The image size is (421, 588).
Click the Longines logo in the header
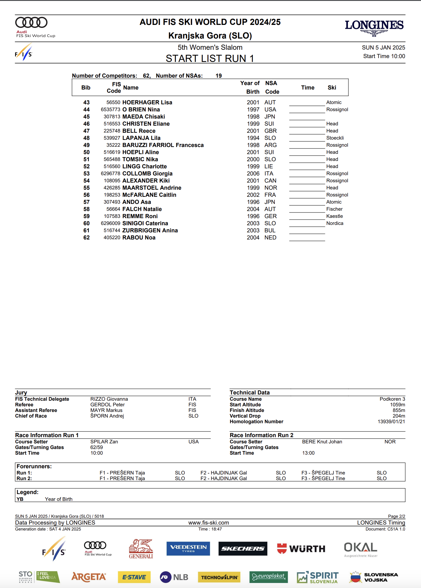pyautogui.click(x=374, y=27)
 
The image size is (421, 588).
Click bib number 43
pyautogui.click(x=86, y=102)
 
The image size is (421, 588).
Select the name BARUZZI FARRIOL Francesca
pyautogui.click(x=163, y=145)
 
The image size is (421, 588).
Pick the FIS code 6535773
pyautogui.click(x=110, y=109)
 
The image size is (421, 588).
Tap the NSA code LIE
pyautogui.click(x=269, y=166)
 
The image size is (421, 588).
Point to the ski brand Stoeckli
pyautogui.click(x=335, y=138)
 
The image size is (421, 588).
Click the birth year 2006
pyautogui.click(x=253, y=173)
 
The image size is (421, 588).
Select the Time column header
pyautogui.click(x=308, y=87)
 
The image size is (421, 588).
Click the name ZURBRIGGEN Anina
pyautogui.click(x=150, y=230)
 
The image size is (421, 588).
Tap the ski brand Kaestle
pyautogui.click(x=335, y=216)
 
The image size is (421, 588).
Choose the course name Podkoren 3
pyautogui.click(x=392, y=399)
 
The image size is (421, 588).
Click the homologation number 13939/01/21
pyautogui.click(x=391, y=421)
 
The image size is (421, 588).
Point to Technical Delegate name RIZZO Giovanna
pyautogui.click(x=109, y=399)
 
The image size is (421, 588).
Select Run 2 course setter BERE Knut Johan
pyautogui.click(x=322, y=442)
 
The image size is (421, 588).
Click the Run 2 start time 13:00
pyautogui.click(x=308, y=453)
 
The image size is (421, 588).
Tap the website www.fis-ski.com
pyautogui.click(x=208, y=523)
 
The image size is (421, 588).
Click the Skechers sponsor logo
pyautogui.click(x=243, y=549)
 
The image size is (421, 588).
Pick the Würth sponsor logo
pyautogui.click(x=301, y=549)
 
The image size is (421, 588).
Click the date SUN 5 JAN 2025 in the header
pyautogui.click(x=383, y=47)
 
